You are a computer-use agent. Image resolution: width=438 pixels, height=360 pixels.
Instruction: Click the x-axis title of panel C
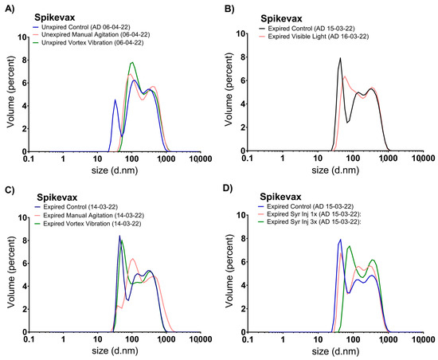(115, 349)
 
